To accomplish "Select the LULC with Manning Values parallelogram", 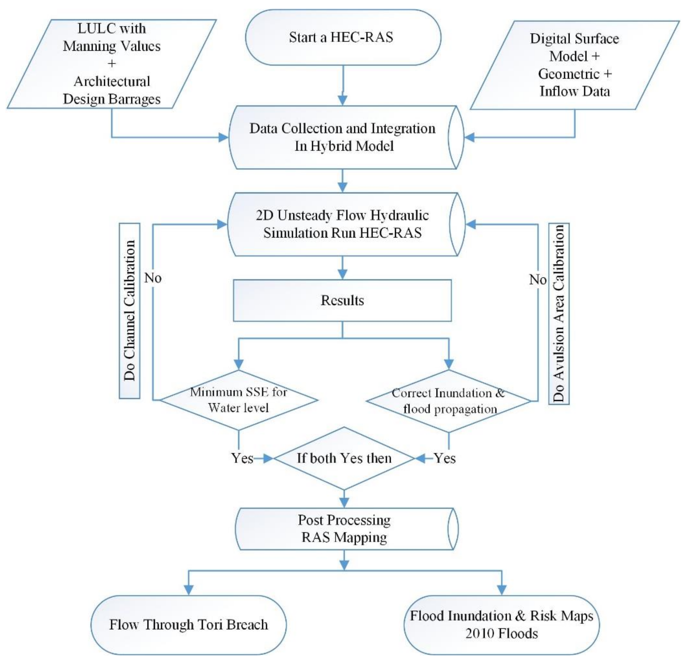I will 112,64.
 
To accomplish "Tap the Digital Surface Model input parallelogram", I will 575,65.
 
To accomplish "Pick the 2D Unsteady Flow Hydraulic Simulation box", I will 342,224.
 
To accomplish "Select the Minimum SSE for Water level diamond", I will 239,400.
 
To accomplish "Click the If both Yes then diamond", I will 344,458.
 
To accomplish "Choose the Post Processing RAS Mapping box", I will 344,529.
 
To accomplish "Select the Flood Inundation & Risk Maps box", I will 502,625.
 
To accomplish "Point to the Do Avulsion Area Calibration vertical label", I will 559,313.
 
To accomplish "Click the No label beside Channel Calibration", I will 153,278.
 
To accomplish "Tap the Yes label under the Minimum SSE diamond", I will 242,458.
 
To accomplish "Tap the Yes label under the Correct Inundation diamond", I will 445,458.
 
